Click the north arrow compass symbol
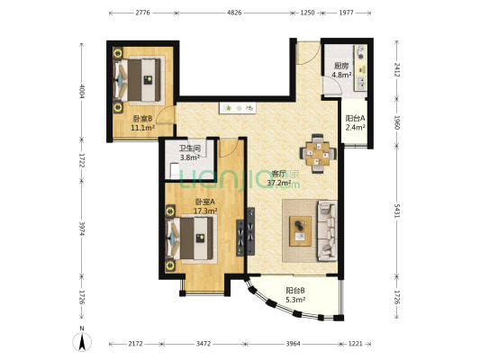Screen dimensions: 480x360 pyautogui.click(x=82, y=340)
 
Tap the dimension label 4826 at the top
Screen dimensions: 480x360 pyautogui.click(x=234, y=13)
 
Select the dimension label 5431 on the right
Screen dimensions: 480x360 pyautogui.click(x=397, y=211)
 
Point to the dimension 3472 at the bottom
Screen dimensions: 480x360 pyautogui.click(x=204, y=344)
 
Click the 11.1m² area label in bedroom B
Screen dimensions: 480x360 pyautogui.click(x=142, y=128)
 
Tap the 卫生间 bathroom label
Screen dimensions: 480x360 pyautogui.click(x=190, y=148)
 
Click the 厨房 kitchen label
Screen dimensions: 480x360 pyautogui.click(x=341, y=66)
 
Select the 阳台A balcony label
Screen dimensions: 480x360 pyautogui.click(x=355, y=118)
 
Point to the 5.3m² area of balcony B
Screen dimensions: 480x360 pyautogui.click(x=295, y=300)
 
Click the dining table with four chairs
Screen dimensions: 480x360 pyautogui.click(x=318, y=154)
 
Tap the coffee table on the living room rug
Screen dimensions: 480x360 pyautogui.click(x=300, y=231)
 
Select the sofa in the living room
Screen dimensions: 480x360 pyautogui.click(x=328, y=231)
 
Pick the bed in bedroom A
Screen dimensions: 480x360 pyautogui.click(x=190, y=238)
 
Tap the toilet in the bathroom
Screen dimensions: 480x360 pyautogui.click(x=174, y=171)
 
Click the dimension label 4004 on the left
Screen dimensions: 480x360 pyautogui.click(x=82, y=91)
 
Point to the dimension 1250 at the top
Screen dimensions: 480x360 pyautogui.click(x=307, y=13)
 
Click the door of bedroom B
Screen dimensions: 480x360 pyautogui.click(x=167, y=115)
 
